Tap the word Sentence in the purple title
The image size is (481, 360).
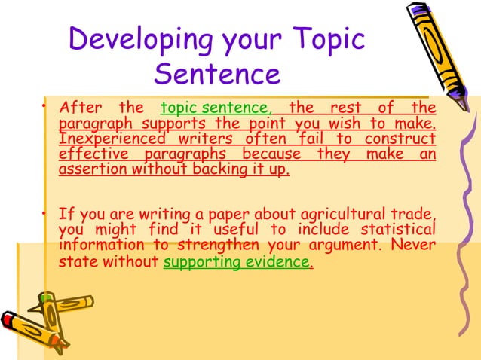click(x=217, y=74)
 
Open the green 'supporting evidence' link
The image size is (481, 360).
click(x=236, y=263)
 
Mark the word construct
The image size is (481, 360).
click(x=400, y=139)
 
